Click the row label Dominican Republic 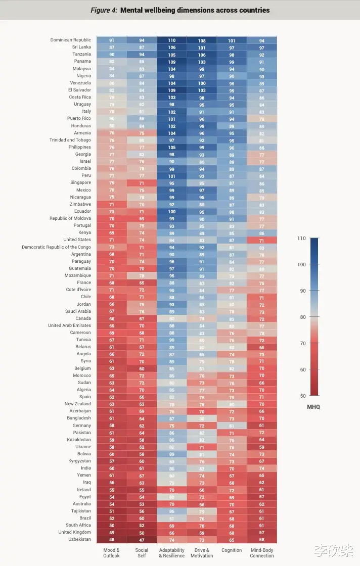pyautogui.click(x=71, y=40)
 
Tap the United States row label pyautogui.click(x=77, y=240)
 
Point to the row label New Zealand pyautogui.click(x=78, y=404)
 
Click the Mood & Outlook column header pyautogui.click(x=111, y=553)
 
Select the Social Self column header pyautogui.click(x=142, y=553)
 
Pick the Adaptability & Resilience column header pyautogui.click(x=171, y=553)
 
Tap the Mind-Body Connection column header pyautogui.click(x=262, y=553)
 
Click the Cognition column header pyautogui.click(x=232, y=550)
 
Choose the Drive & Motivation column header pyautogui.click(x=202, y=553)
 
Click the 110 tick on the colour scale pyautogui.click(x=302, y=238)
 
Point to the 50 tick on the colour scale pyautogui.click(x=302, y=396)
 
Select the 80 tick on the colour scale pyautogui.click(x=302, y=317)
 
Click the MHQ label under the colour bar pyautogui.click(x=313, y=406)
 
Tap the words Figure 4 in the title pyautogui.click(x=104, y=10)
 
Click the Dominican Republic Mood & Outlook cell pyautogui.click(x=111, y=40)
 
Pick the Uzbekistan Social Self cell pyautogui.click(x=142, y=539)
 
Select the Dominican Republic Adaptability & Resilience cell pyautogui.click(x=171, y=40)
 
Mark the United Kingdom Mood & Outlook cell pyautogui.click(x=111, y=532)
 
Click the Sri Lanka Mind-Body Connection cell pyautogui.click(x=262, y=47)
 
